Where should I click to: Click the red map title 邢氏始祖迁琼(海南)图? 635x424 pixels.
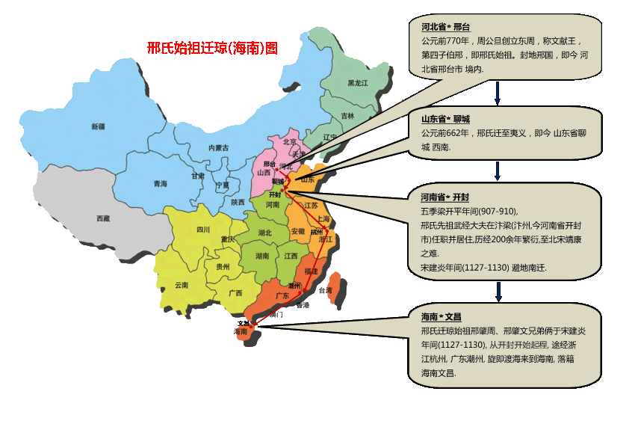[212, 49]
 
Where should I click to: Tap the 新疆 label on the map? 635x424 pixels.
[98, 126]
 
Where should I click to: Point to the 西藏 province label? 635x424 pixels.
[103, 218]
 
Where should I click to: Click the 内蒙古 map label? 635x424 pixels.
[219, 147]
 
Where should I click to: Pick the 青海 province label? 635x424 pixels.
[160, 183]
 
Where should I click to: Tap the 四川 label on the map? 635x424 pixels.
[202, 230]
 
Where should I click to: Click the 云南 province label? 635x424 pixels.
[182, 285]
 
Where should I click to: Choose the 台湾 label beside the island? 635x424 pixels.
[325, 290]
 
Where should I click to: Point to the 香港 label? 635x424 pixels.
[302, 305]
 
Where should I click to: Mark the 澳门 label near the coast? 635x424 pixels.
[276, 315]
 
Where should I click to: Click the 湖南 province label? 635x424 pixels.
[262, 256]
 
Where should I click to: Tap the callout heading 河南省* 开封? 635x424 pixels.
[444, 197]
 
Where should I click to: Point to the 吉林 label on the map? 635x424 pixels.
[347, 116]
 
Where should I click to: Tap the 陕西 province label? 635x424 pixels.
[238, 202]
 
